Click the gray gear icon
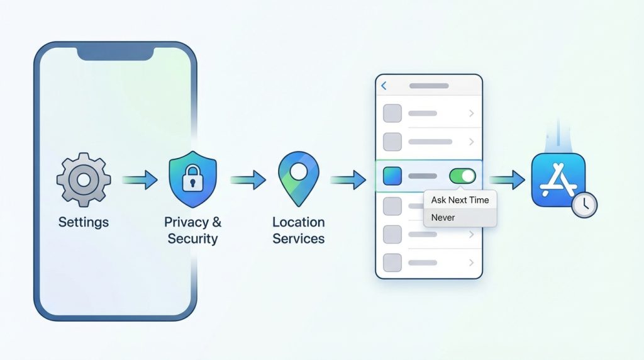(x=83, y=180)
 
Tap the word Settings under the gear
(x=83, y=222)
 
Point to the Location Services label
(x=298, y=230)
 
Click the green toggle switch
(x=462, y=176)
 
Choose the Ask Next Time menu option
(x=460, y=200)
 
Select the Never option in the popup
(x=443, y=218)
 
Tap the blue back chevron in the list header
(x=384, y=86)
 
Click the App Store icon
(x=558, y=181)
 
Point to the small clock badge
(x=585, y=205)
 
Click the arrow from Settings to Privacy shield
(x=140, y=181)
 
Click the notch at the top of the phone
(x=115, y=53)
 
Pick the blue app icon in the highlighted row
(x=392, y=176)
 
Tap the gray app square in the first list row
(x=392, y=113)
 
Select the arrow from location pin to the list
(x=348, y=181)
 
